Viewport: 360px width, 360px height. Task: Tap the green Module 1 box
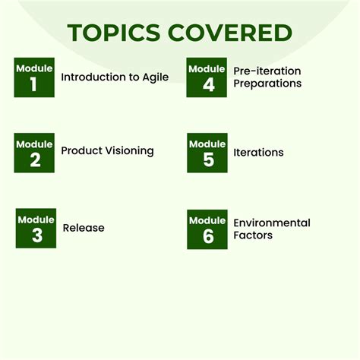[x=34, y=77]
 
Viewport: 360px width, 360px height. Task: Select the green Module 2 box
[x=34, y=153]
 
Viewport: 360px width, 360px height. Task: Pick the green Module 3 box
[x=36, y=228]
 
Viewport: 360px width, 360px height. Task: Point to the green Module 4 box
[x=207, y=77]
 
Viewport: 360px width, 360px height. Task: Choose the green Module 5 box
[x=207, y=153]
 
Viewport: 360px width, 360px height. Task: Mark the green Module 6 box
[x=207, y=229]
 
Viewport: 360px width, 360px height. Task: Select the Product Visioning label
[x=107, y=150]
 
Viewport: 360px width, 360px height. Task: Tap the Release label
[x=84, y=228]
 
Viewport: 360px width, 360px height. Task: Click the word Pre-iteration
[x=267, y=71]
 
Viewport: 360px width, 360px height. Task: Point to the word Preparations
[x=267, y=83]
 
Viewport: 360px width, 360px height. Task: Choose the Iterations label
[x=258, y=153]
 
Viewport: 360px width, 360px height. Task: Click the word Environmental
[x=272, y=223]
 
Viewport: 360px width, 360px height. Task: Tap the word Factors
[x=253, y=235]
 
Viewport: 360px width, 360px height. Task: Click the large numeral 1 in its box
[x=33, y=84]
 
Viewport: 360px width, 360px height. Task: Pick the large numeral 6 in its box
[x=207, y=236]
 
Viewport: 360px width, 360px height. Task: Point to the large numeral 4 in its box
[x=207, y=84]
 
